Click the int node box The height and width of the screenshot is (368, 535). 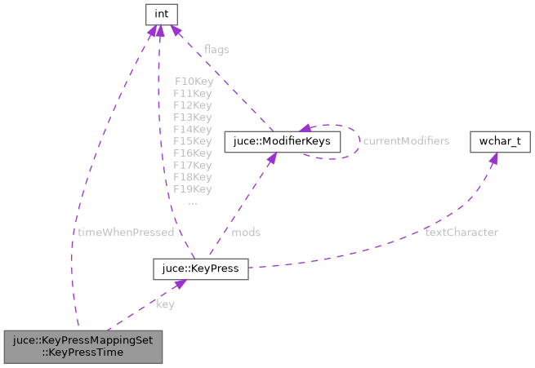point(161,14)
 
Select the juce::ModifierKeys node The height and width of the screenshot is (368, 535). point(282,141)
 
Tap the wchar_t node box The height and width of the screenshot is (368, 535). point(500,141)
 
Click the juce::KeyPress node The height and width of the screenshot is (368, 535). point(200,268)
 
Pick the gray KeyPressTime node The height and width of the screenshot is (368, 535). point(83,346)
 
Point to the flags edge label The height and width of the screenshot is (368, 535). point(216,50)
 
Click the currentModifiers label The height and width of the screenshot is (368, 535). point(406,141)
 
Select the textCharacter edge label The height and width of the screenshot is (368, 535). point(461,233)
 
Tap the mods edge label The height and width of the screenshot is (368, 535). point(246,233)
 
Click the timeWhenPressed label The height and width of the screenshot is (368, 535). point(126,233)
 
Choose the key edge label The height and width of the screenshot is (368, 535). point(165,304)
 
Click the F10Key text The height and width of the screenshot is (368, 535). point(193,82)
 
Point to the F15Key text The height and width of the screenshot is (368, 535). point(193,141)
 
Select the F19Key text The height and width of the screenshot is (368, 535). point(193,189)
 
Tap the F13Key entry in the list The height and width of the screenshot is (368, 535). point(193,117)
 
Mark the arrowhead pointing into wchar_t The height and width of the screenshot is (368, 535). point(493,157)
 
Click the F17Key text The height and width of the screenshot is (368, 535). point(193,165)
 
